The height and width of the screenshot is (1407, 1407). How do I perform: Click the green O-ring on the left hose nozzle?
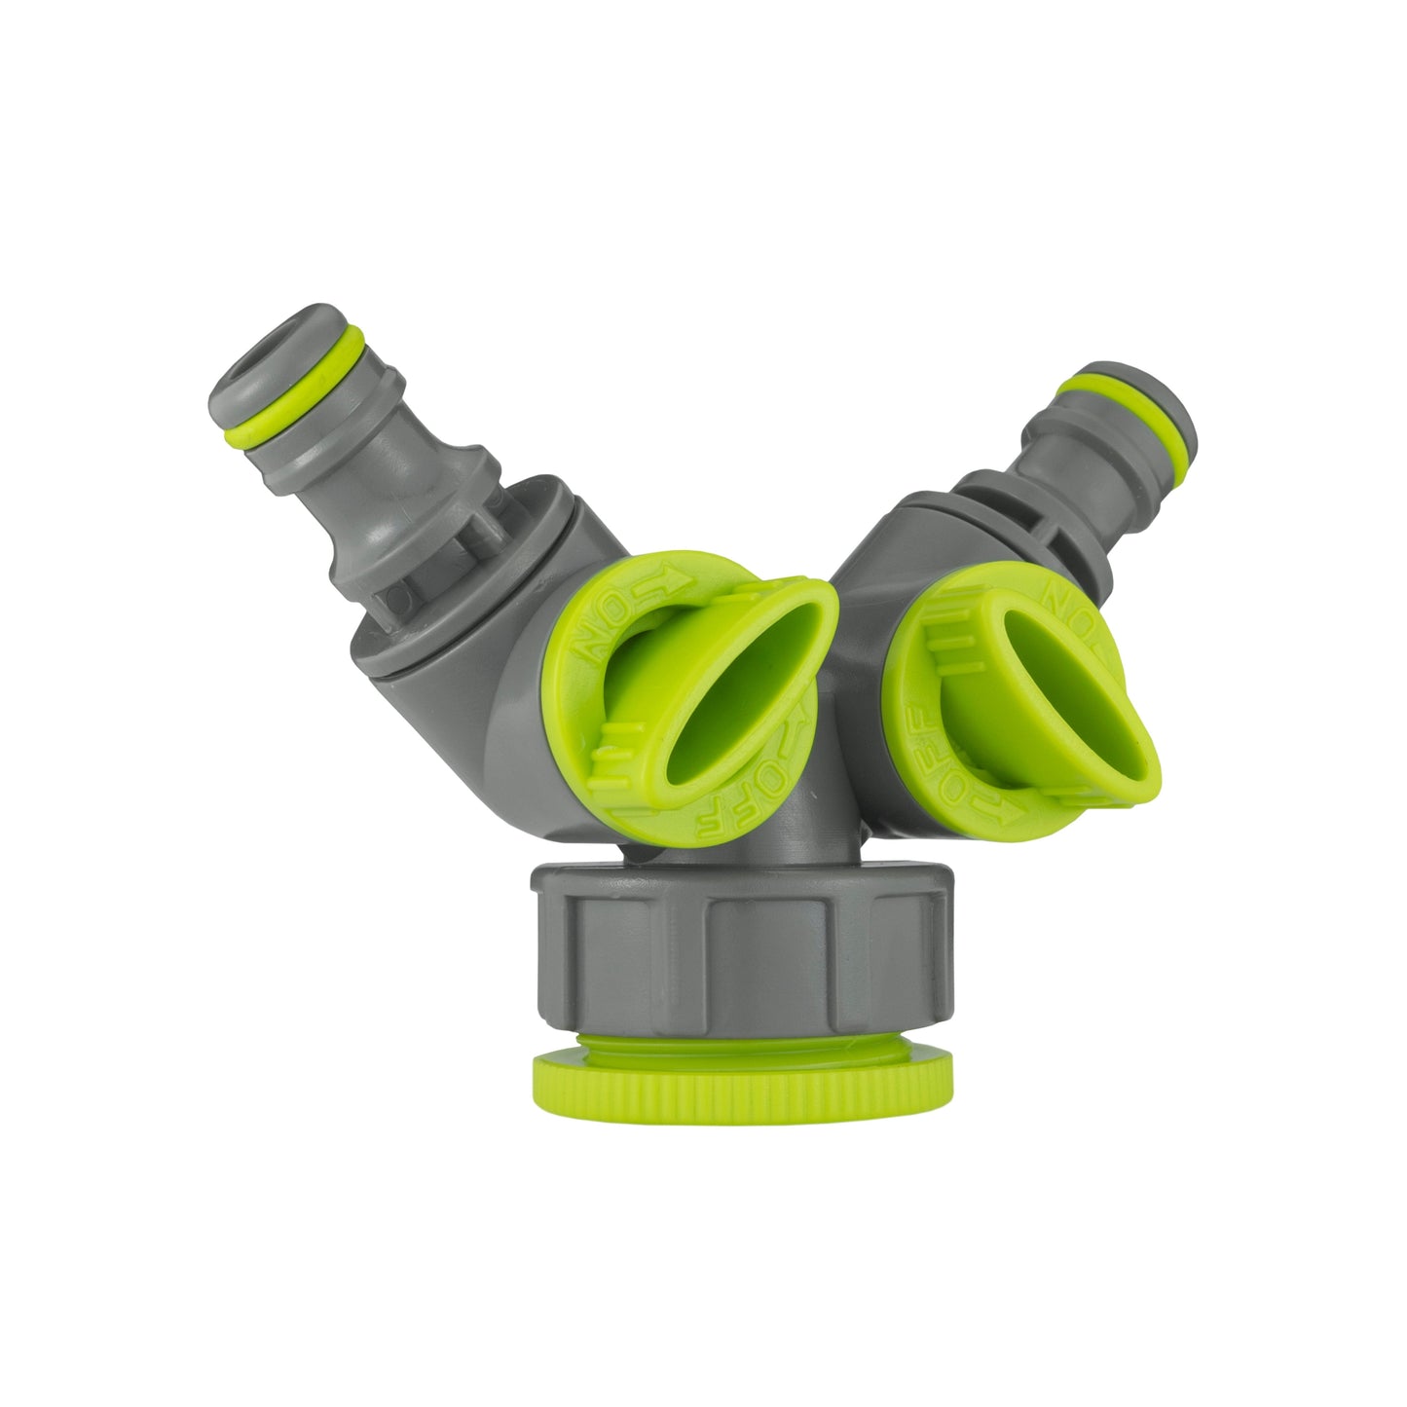click(x=296, y=386)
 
